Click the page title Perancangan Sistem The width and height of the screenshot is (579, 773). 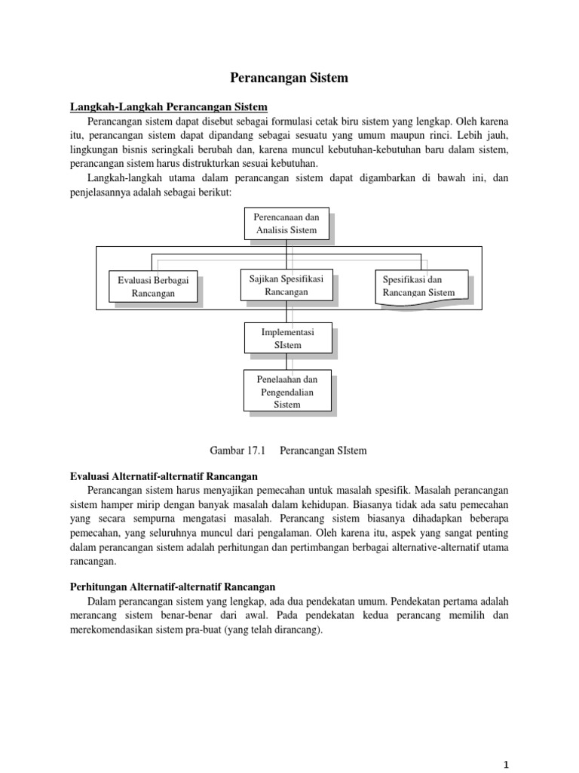[x=289, y=77]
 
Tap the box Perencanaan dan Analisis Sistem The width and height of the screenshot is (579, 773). [x=286, y=223]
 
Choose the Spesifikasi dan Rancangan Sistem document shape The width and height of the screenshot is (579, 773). [x=418, y=286]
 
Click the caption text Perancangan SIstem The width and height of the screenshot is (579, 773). [x=323, y=451]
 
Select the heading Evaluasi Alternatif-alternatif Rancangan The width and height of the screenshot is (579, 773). [x=164, y=476]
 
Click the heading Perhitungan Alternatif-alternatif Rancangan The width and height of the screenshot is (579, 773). [x=173, y=586]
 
